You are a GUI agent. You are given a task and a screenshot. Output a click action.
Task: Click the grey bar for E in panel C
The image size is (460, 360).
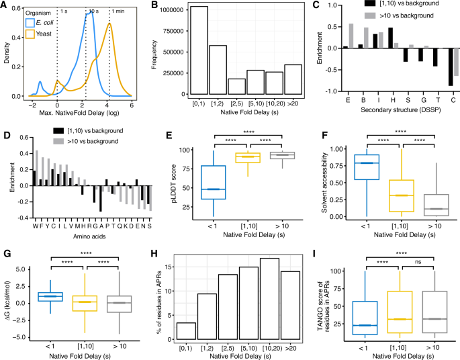coord(351,36)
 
